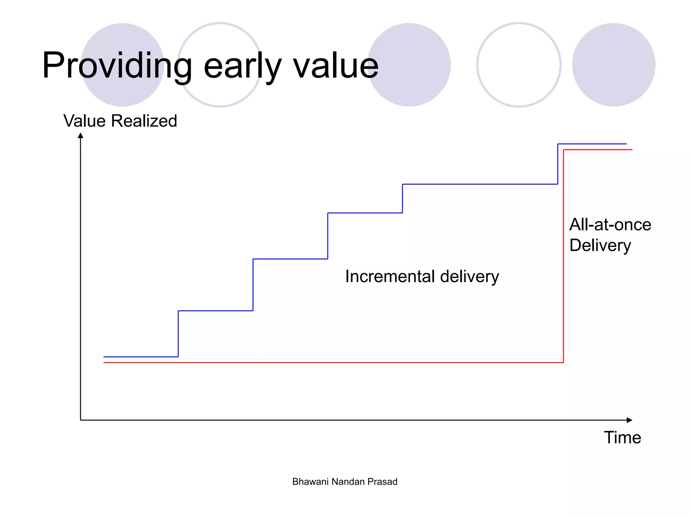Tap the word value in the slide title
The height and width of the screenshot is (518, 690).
tap(336, 66)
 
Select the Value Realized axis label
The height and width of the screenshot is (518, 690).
tap(120, 121)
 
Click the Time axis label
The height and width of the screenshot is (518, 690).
tap(622, 438)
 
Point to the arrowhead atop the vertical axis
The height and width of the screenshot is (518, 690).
tap(81, 136)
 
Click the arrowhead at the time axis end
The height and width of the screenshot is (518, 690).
tap(629, 420)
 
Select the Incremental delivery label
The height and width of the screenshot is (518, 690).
tap(422, 277)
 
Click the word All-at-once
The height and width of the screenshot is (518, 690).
tap(610, 225)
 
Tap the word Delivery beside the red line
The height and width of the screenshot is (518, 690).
tap(600, 246)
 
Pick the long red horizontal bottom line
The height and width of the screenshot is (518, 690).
tap(334, 363)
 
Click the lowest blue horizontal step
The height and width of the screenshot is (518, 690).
tap(141, 356)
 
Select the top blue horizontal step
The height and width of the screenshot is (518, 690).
tap(592, 144)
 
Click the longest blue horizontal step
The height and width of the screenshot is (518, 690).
tap(480, 184)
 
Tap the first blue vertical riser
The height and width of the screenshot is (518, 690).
tap(178, 334)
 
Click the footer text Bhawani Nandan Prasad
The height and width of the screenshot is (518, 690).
tap(345, 482)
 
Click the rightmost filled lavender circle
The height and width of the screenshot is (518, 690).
tap(614, 65)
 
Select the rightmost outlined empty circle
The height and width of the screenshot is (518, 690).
tap(519, 65)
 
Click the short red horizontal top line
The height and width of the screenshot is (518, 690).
tap(598, 149)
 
